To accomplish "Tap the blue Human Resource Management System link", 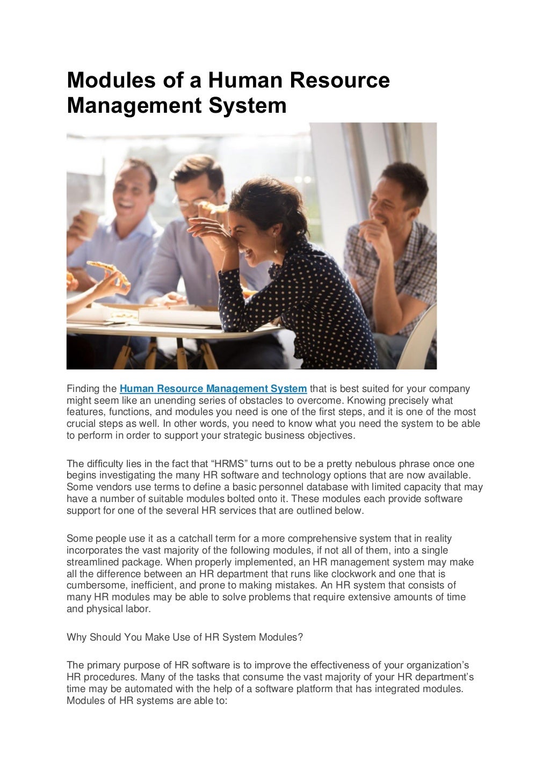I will pos(213,389).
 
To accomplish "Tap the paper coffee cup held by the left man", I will pos(90,223).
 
